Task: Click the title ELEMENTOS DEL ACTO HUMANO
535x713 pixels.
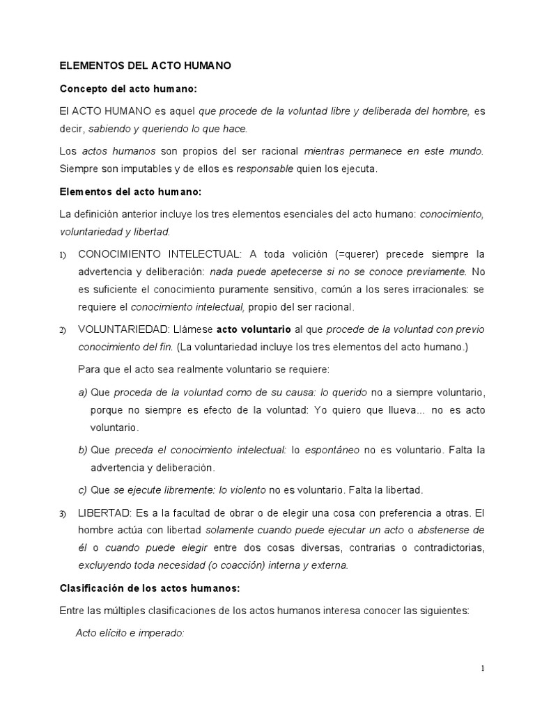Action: pos(145,66)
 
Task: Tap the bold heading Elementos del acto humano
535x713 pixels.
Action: pos(131,191)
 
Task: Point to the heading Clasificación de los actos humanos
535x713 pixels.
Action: pos(150,588)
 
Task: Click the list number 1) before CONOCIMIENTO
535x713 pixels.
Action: pos(63,255)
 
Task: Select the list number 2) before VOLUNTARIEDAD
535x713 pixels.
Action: pos(63,329)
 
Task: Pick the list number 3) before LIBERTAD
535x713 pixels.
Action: pos(63,514)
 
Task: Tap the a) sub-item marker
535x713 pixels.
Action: pos(83,392)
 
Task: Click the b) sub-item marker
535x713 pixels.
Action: pos(83,450)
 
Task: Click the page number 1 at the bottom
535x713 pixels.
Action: pos(482,668)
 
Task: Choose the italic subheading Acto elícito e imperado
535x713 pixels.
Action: pos(130,634)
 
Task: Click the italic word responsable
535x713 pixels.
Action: pos(265,168)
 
